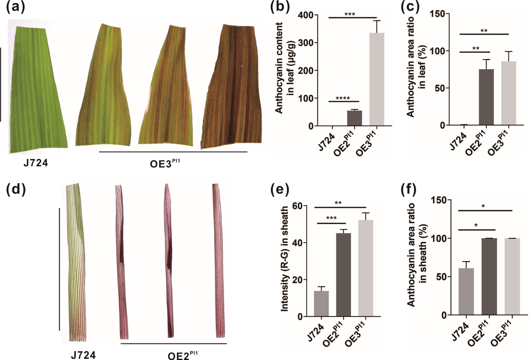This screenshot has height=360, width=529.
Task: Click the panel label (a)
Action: [15, 7]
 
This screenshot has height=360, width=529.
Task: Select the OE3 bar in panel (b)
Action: [377, 79]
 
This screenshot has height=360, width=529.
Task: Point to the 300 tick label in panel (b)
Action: [306, 43]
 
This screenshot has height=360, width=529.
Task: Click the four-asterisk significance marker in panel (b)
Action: [343, 98]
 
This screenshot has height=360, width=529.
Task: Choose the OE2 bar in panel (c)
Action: [486, 97]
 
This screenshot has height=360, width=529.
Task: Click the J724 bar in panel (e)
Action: [321, 303]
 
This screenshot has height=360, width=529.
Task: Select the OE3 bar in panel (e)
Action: [366, 268]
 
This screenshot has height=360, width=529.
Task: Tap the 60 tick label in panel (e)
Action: [298, 205]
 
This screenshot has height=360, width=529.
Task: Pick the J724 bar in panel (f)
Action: [466, 291]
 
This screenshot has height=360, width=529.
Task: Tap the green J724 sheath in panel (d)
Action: [76, 262]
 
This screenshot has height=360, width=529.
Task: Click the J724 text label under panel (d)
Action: [83, 355]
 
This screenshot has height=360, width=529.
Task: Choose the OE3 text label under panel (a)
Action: [165, 163]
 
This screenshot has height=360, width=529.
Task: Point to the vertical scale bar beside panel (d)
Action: [59, 269]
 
